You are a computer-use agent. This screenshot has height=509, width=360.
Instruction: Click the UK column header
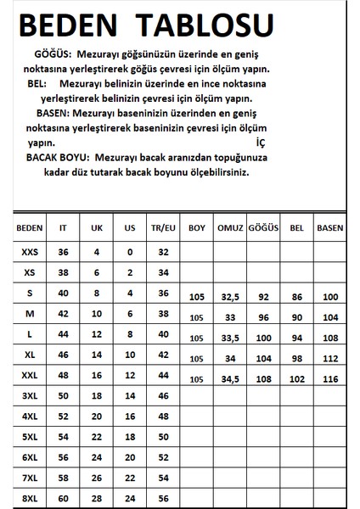96,228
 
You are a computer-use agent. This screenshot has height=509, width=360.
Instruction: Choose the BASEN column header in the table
329,228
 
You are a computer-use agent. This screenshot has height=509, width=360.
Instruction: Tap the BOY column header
197,228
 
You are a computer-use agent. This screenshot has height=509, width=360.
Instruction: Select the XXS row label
30,252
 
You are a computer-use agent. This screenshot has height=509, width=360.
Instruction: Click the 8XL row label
30,497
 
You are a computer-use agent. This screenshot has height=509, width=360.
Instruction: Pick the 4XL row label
30,416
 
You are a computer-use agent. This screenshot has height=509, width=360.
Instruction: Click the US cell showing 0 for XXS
129,252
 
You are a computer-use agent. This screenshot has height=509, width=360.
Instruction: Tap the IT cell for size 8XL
64,497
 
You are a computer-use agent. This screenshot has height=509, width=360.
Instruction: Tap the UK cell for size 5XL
96,436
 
